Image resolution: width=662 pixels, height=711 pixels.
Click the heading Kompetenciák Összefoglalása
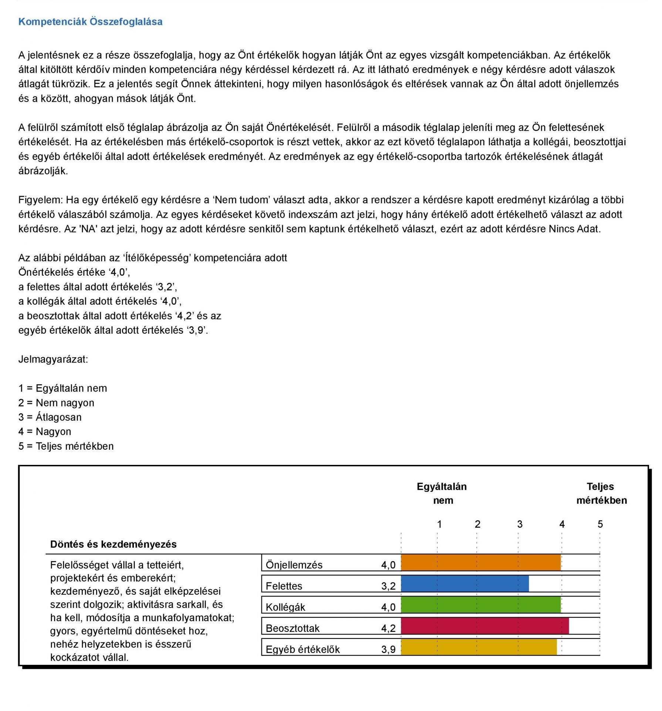(90, 22)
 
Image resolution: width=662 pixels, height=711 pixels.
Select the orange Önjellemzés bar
(480, 562)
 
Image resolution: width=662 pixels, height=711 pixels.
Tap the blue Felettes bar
(465, 584)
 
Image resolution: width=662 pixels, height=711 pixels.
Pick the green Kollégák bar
(480, 605)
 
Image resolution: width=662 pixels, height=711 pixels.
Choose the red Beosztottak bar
(484, 626)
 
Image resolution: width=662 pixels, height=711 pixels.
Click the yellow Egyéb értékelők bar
(479, 647)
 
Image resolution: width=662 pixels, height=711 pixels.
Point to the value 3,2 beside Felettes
(388, 586)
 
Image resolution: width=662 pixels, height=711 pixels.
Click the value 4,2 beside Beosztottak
(388, 628)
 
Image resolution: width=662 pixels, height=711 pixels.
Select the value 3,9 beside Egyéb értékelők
(388, 649)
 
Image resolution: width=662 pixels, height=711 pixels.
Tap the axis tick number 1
(439, 524)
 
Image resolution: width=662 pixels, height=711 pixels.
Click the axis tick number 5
(600, 524)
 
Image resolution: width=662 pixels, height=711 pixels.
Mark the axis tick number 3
(520, 524)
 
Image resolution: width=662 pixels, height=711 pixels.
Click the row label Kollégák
(285, 607)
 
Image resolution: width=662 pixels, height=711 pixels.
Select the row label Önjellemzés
(294, 565)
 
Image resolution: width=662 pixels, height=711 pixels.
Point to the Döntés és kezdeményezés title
(113, 544)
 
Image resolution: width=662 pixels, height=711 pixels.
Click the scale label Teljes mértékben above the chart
(601, 493)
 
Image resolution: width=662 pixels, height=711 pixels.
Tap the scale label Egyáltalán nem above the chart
(442, 493)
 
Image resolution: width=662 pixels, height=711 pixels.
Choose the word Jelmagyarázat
(53, 359)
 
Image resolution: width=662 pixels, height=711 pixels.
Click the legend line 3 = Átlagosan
(50, 417)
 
